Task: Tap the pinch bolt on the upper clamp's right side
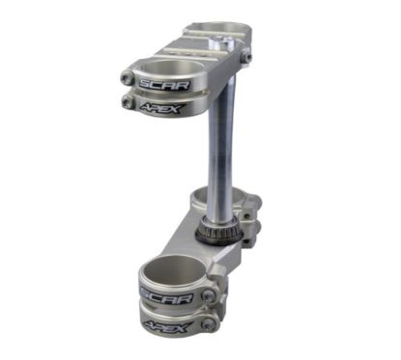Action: (247, 57)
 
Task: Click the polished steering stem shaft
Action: (218, 145)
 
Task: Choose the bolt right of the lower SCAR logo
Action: (207, 295)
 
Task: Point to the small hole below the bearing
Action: (218, 254)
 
